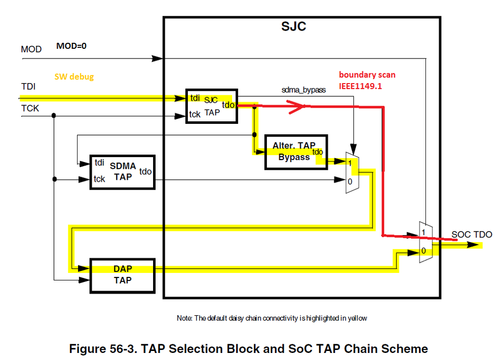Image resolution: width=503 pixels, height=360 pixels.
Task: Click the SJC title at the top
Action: [293, 27]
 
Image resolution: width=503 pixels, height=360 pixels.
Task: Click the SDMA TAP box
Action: [122, 172]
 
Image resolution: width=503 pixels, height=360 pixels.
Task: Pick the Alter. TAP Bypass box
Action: [296, 152]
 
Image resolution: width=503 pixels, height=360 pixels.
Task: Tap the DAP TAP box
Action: [122, 274]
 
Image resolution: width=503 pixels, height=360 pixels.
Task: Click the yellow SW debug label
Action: [74, 77]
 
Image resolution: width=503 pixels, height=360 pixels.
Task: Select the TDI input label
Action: [28, 86]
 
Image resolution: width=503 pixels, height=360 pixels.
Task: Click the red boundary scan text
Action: [367, 80]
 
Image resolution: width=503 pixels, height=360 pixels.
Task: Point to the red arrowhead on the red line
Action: [298, 106]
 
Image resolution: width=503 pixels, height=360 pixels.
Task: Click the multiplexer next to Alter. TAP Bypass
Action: [352, 171]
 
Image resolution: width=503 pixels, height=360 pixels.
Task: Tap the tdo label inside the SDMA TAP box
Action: [146, 172]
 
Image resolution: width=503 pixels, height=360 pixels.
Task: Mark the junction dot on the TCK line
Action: [54, 116]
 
